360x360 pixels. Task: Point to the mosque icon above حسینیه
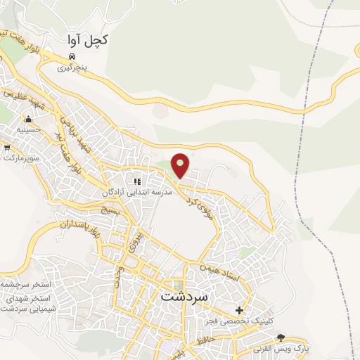29,119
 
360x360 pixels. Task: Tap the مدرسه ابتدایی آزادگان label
136,191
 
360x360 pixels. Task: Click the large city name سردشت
186,296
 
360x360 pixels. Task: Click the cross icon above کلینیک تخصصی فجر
240,310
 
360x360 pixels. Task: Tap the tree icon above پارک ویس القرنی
281,338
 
